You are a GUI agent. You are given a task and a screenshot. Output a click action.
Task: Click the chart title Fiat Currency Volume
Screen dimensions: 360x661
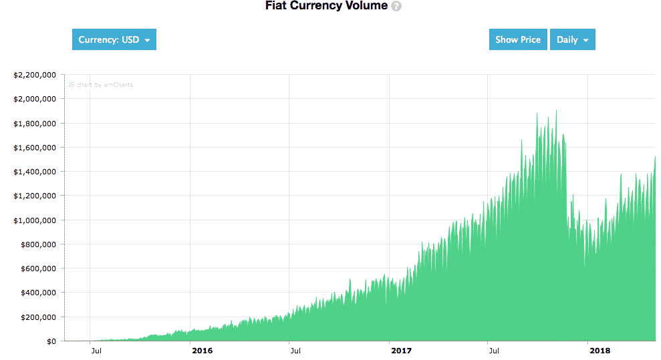pyautogui.click(x=326, y=6)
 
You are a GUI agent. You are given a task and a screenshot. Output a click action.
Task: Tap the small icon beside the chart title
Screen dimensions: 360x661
pyautogui.click(x=396, y=6)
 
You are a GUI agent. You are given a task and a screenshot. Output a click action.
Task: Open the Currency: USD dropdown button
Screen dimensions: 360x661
pyautogui.click(x=114, y=39)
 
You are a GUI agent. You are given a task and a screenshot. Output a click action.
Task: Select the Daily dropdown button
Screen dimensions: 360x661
pyautogui.click(x=572, y=39)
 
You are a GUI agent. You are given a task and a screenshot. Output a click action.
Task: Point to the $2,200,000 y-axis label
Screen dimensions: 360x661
pyautogui.click(x=34, y=75)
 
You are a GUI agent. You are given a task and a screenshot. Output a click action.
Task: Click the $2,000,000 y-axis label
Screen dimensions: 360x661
pyautogui.click(x=34, y=99)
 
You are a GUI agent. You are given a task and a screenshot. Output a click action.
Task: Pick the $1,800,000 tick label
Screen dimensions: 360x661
pyautogui.click(x=34, y=123)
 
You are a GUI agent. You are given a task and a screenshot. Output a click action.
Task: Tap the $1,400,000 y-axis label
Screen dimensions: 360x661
pyautogui.click(x=34, y=172)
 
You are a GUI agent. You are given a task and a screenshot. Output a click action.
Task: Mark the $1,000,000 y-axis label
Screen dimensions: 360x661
pyautogui.click(x=34, y=220)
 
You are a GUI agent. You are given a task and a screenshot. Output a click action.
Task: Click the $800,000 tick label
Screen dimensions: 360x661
pyautogui.click(x=37, y=244)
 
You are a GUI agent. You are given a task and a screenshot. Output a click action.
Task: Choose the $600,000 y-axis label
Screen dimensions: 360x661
pyautogui.click(x=37, y=268)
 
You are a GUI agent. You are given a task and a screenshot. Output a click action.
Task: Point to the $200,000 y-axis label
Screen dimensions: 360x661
pyautogui.click(x=37, y=317)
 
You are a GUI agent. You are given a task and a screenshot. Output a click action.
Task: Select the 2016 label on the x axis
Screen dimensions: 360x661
pyautogui.click(x=202, y=351)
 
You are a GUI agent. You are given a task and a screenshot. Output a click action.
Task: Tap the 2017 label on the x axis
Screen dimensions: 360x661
pyautogui.click(x=401, y=351)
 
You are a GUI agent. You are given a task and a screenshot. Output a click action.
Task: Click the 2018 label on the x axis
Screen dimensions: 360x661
pyautogui.click(x=600, y=351)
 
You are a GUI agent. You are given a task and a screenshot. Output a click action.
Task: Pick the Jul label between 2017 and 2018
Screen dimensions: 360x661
pyautogui.click(x=495, y=351)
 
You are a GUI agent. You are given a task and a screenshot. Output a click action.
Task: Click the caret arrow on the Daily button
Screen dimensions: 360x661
pyautogui.click(x=586, y=40)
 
